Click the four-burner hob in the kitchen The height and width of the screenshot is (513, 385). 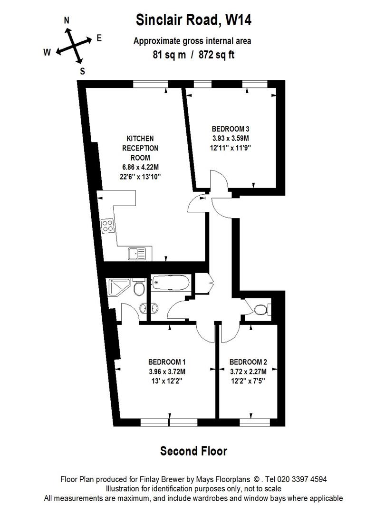coord(108,226)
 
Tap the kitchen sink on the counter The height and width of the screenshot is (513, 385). coord(137,254)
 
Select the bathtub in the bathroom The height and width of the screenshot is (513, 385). coord(171,282)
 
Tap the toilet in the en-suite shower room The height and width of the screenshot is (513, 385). coord(140,287)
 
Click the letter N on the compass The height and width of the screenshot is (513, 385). coord(67,20)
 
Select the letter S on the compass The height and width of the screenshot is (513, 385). coord(83,71)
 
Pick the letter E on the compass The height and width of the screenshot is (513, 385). coord(99,38)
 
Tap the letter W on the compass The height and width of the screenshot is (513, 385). coord(48,52)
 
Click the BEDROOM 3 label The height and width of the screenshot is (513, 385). coord(231,129)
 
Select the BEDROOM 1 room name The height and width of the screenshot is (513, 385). coord(167,362)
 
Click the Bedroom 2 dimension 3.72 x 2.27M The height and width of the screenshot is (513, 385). coord(248,371)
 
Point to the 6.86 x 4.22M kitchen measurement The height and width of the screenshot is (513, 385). coord(140,167)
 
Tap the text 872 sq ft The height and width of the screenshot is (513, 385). coord(217,54)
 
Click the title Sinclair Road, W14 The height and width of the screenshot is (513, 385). coord(194,20)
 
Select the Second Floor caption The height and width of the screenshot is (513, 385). coord(194,451)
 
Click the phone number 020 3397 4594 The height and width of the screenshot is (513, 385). coord(302,479)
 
